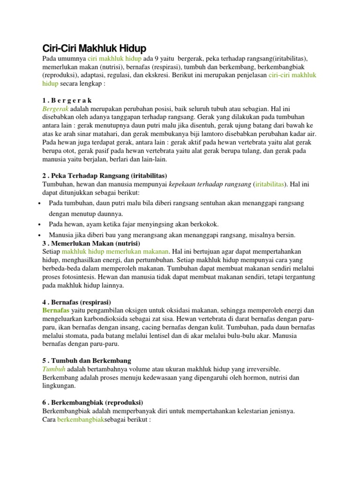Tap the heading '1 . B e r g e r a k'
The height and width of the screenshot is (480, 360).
click(x=67, y=100)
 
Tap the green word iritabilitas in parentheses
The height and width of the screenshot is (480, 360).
click(x=270, y=184)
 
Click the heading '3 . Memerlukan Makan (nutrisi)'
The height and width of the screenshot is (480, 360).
click(x=91, y=243)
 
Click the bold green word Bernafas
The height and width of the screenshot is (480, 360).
click(x=56, y=310)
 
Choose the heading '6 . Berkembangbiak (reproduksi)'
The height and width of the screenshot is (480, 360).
click(x=92, y=403)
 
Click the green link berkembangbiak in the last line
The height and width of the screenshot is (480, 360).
click(x=80, y=420)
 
